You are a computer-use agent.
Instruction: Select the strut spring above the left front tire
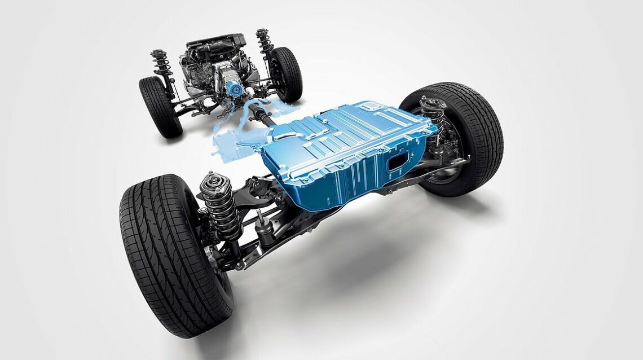pos(159,65)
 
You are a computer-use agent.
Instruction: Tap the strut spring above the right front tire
pos(263,42)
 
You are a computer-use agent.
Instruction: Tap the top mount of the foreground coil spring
pos(214,182)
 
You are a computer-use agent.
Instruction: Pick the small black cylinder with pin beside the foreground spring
pos(262,223)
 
